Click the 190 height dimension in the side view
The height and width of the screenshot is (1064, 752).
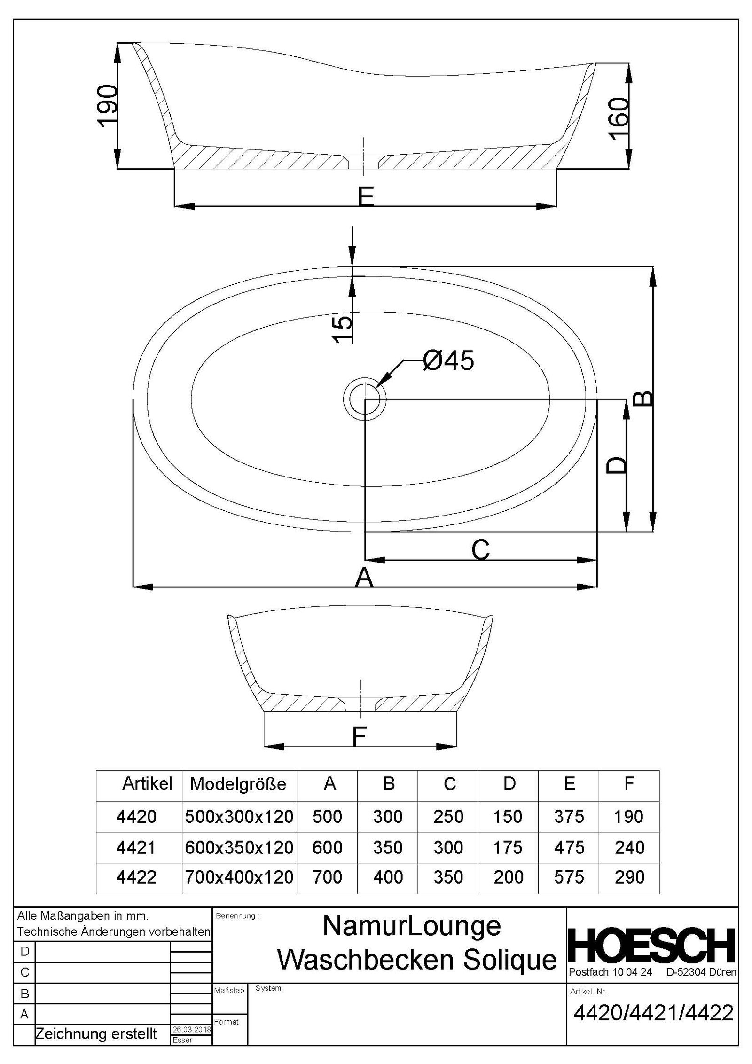pos(107,106)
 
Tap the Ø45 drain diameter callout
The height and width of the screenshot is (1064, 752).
pos(448,360)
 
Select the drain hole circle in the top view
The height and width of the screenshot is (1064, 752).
pos(365,399)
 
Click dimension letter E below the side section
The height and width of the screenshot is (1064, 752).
pos(366,196)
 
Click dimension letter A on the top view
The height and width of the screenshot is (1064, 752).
pos(364,577)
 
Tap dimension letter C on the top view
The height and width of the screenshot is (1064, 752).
pos(480,549)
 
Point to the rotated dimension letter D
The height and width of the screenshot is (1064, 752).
pos(616,465)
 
